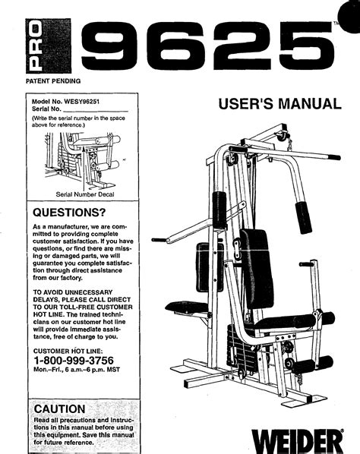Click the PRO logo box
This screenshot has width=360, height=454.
point(49,46)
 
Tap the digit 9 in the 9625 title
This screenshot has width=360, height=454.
point(109,46)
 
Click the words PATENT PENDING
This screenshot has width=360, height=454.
point(53,81)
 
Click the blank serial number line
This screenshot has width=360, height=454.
point(96,111)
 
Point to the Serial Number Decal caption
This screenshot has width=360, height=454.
point(85,194)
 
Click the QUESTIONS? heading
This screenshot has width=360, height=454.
point(69,213)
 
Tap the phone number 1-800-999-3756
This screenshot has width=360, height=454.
point(74,361)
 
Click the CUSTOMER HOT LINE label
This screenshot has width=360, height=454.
point(68,351)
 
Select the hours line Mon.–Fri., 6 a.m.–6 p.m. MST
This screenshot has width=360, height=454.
point(77,370)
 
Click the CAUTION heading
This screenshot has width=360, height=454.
point(60,409)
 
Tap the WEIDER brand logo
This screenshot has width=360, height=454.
point(297,442)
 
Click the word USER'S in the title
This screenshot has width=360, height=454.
point(245,104)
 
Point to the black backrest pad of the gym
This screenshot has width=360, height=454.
point(257,269)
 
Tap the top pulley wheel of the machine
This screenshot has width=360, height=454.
point(283,136)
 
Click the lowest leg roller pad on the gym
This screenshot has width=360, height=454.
point(312,364)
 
